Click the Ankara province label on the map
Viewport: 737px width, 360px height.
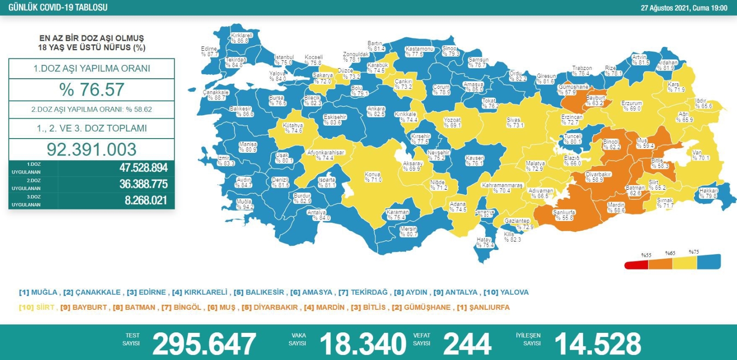pos(376,111)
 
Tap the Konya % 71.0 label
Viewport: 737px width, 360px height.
pos(373,177)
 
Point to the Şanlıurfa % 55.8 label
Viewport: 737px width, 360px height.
pos(564,215)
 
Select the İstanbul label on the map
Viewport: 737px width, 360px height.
pos(284,60)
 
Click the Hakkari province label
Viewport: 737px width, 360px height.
pos(708,193)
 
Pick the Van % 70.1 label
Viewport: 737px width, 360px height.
pos(700,155)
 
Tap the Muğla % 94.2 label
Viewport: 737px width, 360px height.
pos(245,204)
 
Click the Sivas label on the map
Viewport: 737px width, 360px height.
pos(514,122)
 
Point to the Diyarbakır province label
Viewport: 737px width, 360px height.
pos(598,177)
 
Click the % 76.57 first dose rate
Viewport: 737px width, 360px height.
pos(92,89)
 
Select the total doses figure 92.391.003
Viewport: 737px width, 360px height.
pos(92,149)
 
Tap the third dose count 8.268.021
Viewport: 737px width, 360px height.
pos(146,200)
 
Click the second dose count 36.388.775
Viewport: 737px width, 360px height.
pos(143,184)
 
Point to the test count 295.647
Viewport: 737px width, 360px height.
pos(204,343)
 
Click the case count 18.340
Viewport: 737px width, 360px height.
pos(363,343)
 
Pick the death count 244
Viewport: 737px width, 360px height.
pos(467,343)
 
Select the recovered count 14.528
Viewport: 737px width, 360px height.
pos(597,343)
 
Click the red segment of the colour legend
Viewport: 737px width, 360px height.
pos(636,265)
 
